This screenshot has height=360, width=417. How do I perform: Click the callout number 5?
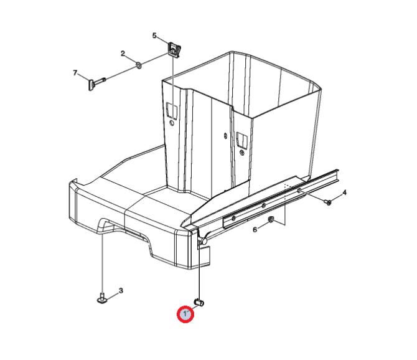(154, 36)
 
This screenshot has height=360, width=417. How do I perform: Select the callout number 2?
(123, 54)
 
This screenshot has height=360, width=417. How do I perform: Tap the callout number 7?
(75, 73)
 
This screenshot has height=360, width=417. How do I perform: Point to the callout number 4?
(344, 192)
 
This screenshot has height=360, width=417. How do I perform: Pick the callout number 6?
(255, 229)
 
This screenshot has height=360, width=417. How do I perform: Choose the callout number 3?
(121, 291)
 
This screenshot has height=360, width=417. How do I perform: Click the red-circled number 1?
(185, 315)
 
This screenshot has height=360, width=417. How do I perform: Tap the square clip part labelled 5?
(174, 49)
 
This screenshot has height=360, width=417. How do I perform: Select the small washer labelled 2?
(138, 65)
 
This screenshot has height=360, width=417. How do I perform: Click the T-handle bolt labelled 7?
(96, 83)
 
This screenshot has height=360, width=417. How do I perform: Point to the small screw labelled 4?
(328, 202)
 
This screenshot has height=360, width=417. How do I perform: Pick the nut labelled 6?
(271, 219)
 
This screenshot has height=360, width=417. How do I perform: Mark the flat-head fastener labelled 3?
(101, 298)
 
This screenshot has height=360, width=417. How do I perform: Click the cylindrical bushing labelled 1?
(199, 302)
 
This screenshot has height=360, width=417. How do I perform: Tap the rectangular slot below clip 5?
(172, 111)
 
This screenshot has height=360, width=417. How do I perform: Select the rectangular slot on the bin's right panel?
(242, 140)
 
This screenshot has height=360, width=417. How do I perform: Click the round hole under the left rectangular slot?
(172, 123)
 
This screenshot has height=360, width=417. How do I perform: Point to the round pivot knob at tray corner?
(204, 241)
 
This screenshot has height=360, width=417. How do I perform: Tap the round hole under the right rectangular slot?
(241, 153)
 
